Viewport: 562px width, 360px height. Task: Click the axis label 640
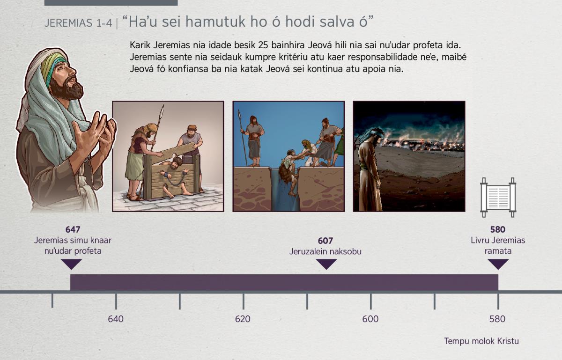116,319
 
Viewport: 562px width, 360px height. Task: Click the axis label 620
243,319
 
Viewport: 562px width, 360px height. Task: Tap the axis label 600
370,319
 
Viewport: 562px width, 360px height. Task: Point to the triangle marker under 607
326,264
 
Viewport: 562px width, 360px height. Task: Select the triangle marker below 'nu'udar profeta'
71,264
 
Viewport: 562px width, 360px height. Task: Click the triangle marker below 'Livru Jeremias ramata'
498,264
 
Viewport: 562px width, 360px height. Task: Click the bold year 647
73,229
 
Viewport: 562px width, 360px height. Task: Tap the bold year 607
325,241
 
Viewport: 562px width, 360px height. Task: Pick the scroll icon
498,198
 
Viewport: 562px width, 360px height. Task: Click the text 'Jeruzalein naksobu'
325,251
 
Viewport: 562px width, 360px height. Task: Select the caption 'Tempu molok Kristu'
481,341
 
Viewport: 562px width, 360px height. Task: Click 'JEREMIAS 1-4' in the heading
78,23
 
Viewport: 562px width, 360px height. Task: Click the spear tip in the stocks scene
162,110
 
